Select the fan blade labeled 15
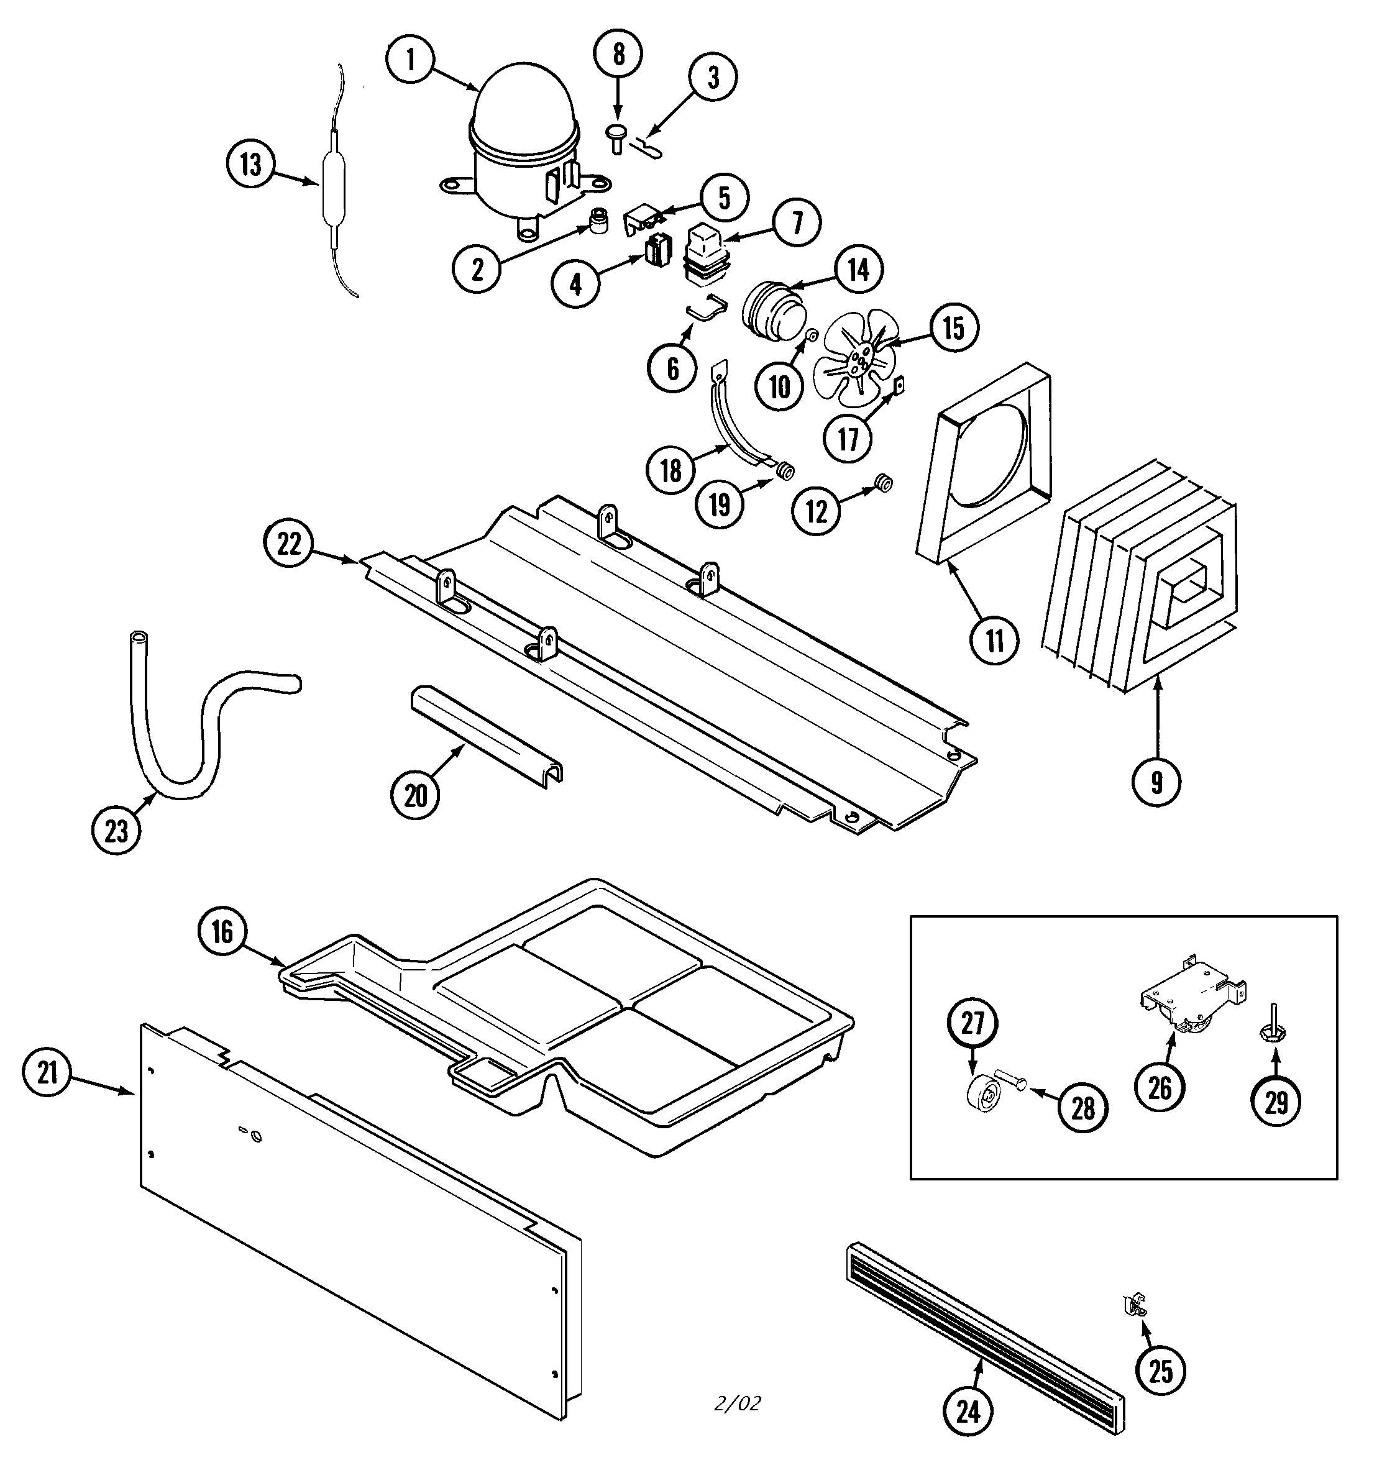pos(854,358)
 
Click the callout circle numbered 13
pos(250,165)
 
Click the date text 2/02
pos(737,1403)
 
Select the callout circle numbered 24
pos(969,1412)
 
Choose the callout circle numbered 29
pos(1276,1102)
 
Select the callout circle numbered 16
pos(222,933)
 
